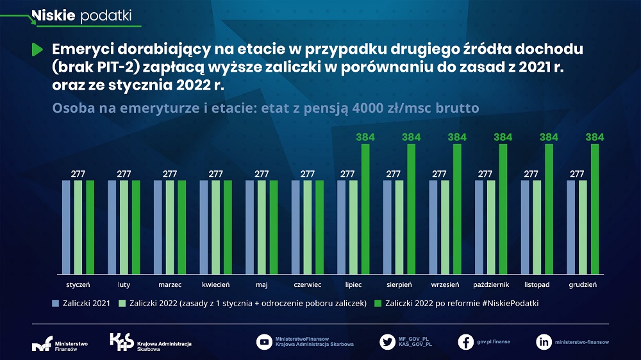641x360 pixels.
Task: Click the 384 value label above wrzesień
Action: point(457,137)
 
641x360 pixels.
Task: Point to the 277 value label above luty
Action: point(124,174)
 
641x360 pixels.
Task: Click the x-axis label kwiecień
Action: point(215,284)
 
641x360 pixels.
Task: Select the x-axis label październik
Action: point(490,284)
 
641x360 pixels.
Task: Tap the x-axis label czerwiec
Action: point(308,284)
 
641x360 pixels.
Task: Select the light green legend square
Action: point(122,303)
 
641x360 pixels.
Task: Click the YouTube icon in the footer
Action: point(263,341)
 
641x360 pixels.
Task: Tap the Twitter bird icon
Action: point(387,341)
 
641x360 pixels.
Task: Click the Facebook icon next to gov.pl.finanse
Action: point(466,341)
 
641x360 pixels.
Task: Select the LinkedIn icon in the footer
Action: point(544,341)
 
